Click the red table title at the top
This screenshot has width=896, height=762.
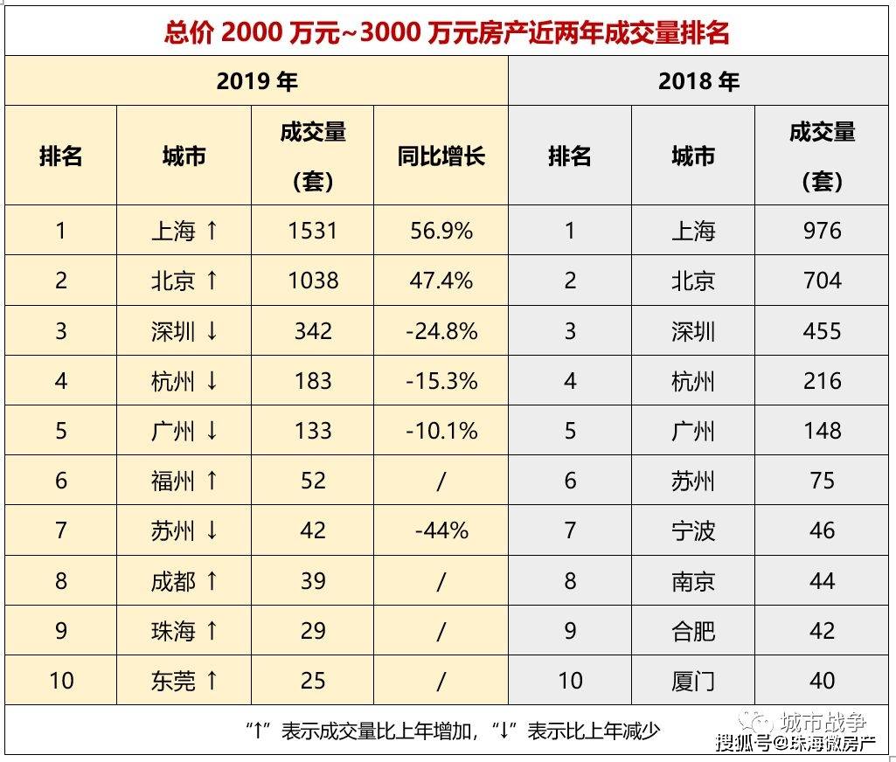447,32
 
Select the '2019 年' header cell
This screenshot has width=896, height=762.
257,81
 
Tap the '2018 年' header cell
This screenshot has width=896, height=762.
698,81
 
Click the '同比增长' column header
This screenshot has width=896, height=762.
441,156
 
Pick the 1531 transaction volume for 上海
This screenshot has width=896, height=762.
313,231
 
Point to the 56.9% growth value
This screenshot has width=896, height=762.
441,231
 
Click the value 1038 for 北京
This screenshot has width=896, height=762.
313,281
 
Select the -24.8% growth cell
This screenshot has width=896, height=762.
441,330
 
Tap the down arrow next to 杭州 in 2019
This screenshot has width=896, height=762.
212,380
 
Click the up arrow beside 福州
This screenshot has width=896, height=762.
212,481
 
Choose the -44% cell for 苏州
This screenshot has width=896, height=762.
441,530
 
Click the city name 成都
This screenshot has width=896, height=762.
173,581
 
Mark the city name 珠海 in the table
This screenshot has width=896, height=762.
173,631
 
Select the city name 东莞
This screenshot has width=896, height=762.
173,681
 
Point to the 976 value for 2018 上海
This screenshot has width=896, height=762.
822,231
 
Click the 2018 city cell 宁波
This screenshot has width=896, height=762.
692,530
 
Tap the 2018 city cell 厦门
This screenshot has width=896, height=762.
692,681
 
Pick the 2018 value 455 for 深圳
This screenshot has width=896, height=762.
822,330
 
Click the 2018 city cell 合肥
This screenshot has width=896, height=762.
692,631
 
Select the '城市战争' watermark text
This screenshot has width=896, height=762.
823,722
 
